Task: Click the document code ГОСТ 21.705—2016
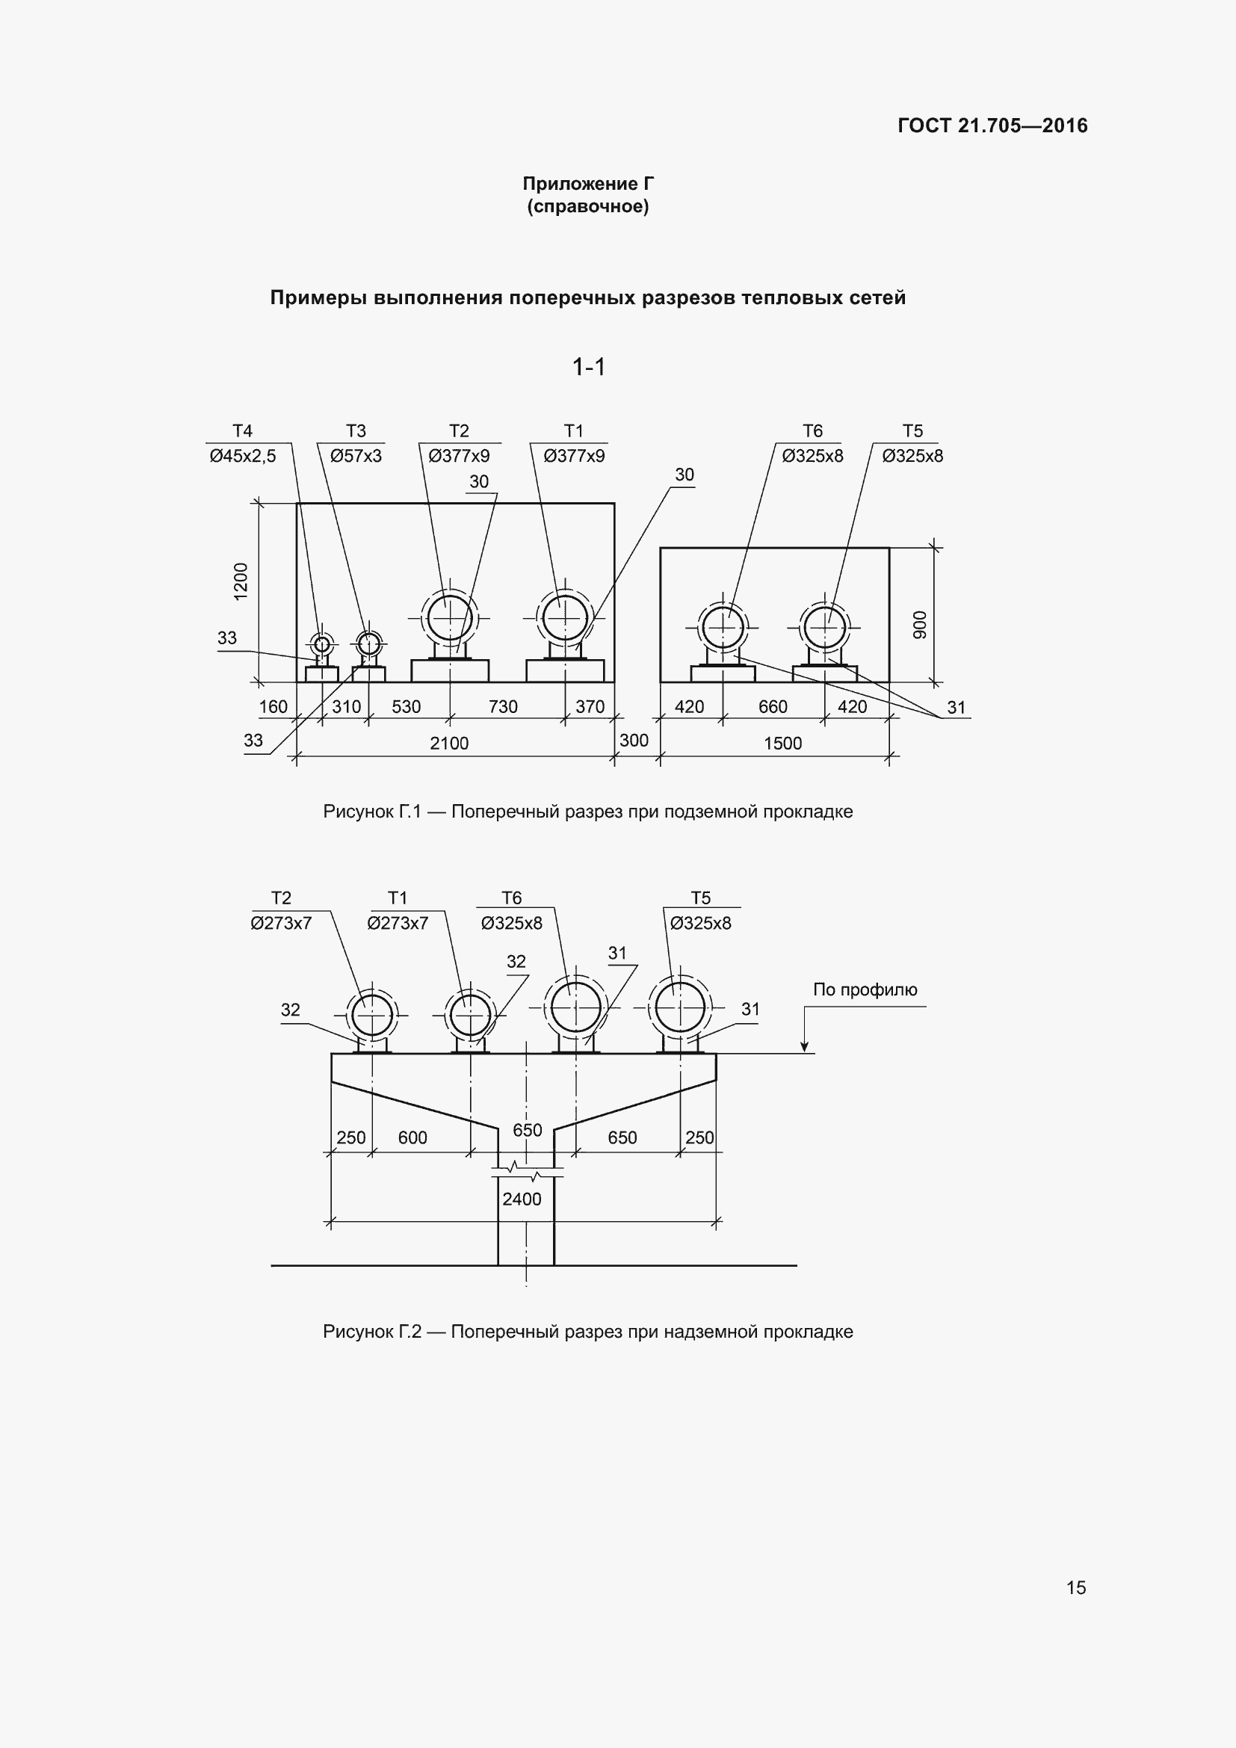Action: (x=992, y=126)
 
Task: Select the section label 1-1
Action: (x=588, y=368)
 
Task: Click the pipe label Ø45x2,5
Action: (x=243, y=456)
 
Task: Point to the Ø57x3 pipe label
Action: (x=356, y=456)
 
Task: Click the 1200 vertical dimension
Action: (x=241, y=581)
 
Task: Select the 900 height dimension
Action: (x=920, y=624)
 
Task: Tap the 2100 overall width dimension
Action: (x=449, y=743)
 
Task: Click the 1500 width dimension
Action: (x=782, y=743)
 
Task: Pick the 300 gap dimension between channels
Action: (x=634, y=740)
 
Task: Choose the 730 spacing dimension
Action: (x=503, y=706)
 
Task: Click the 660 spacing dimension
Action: (x=773, y=706)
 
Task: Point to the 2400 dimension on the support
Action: (x=522, y=1199)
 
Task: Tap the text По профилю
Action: (x=865, y=989)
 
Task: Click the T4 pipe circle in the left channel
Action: (x=322, y=645)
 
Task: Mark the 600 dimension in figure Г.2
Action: (x=412, y=1137)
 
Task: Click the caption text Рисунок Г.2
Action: (x=371, y=1332)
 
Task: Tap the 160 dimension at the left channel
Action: (x=274, y=706)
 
